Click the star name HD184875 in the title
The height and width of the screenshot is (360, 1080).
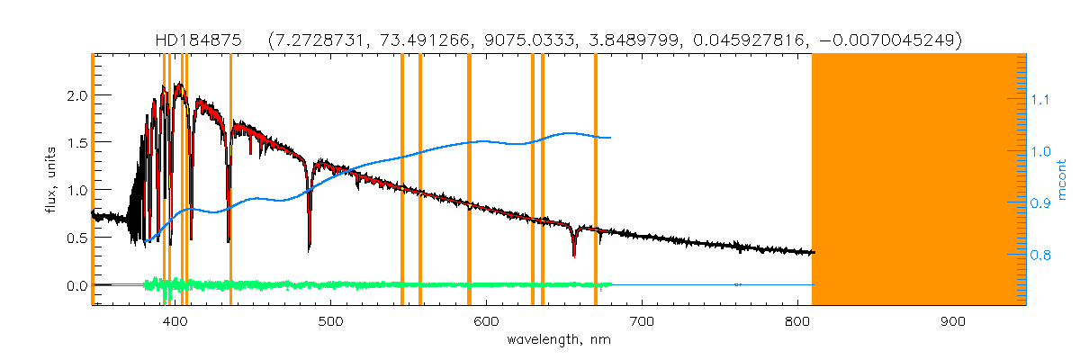coord(195,40)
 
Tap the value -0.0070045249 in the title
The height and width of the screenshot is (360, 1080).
coord(889,40)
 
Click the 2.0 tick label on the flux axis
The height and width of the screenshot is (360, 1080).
coord(77,95)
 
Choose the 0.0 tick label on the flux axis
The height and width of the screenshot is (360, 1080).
coord(77,286)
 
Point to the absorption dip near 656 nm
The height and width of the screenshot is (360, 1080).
coord(573,255)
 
